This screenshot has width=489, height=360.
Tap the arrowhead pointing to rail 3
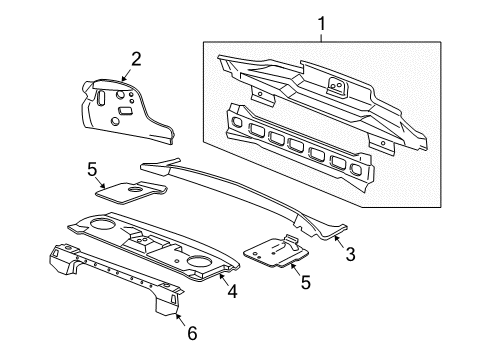pyautogui.click(x=337, y=240)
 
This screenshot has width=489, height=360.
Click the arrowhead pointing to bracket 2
pyautogui.click(x=124, y=77)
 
